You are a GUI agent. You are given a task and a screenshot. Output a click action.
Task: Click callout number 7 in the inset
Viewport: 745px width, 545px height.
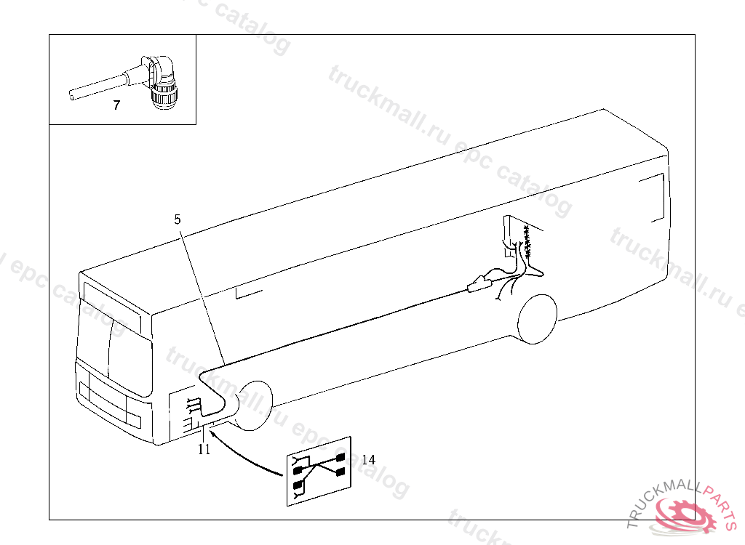[117, 105]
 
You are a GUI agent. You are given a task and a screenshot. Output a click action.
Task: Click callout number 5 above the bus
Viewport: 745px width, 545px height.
[178, 219]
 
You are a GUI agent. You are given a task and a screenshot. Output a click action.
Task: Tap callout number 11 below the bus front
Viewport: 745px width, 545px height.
[204, 449]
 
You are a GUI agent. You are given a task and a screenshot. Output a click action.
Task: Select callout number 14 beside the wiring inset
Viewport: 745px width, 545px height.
[368, 459]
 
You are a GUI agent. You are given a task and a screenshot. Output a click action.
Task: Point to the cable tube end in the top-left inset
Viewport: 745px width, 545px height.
[72, 95]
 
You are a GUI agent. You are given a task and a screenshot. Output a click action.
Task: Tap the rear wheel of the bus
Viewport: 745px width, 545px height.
[537, 318]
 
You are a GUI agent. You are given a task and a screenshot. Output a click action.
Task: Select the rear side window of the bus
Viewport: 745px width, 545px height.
[651, 198]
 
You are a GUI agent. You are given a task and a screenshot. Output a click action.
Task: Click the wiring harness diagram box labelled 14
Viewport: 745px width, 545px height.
[319, 472]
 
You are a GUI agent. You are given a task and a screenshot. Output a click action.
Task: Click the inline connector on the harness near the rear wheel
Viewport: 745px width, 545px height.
[479, 284]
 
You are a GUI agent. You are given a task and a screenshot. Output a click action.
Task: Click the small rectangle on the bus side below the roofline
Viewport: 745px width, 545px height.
[249, 293]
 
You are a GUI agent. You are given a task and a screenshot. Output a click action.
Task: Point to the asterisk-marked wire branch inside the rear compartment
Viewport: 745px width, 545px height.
[527, 241]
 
